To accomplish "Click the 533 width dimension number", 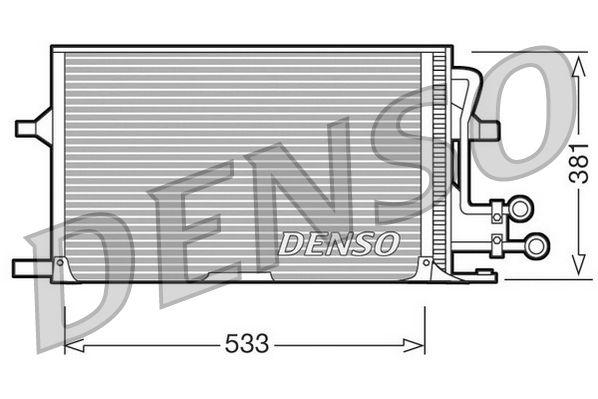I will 246,344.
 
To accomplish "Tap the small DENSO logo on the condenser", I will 338,242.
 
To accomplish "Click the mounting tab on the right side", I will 487,129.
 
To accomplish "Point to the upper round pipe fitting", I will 520,209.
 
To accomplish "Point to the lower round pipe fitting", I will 537,243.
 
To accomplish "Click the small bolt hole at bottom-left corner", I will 60,263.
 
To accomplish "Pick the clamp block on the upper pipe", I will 497,210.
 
